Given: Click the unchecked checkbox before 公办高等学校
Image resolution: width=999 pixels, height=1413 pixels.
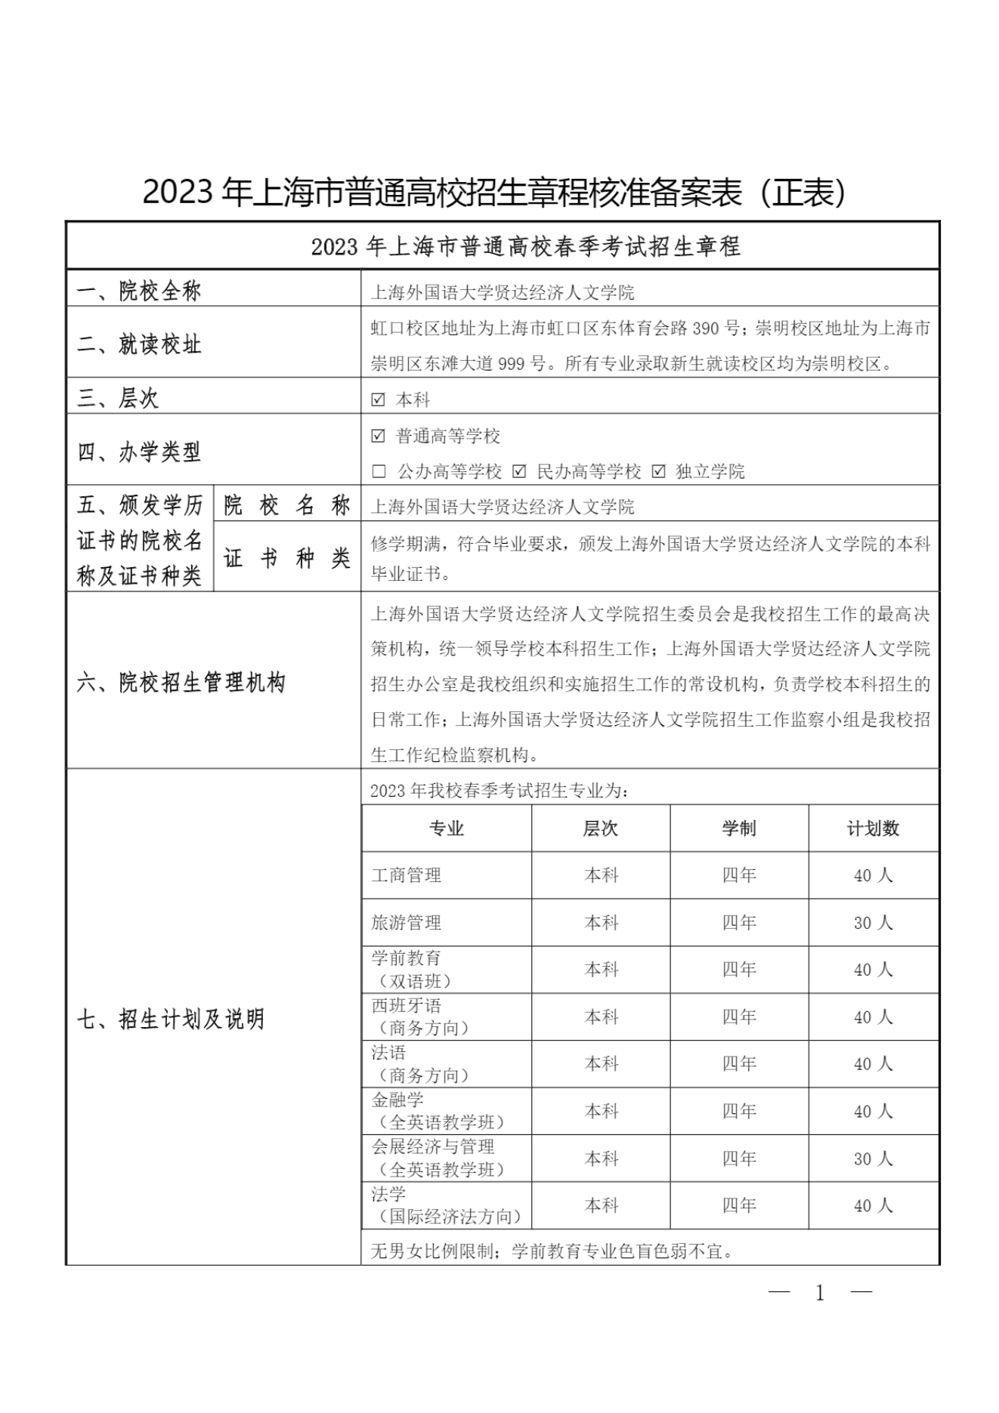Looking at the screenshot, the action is point(379,472).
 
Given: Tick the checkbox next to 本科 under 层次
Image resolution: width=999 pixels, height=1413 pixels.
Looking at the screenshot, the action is point(379,400).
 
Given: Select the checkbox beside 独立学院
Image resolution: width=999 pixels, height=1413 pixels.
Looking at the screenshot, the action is point(658,472).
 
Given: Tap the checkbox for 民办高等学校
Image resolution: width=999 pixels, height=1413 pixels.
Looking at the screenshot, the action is point(519,472).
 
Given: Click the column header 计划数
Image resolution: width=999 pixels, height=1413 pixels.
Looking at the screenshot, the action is point(873,828).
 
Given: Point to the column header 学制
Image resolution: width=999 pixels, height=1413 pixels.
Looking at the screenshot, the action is point(738,828).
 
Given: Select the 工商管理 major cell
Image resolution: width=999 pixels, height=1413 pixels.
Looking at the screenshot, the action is point(446,875).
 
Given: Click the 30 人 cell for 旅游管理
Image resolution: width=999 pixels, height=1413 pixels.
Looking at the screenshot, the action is point(873,923).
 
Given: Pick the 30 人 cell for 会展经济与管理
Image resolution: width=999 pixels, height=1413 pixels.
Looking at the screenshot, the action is point(873,1158).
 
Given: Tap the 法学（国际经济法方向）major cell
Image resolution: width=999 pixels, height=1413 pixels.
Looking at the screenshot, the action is point(446,1205).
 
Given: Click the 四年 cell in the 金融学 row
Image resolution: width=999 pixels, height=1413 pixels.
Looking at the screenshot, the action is point(738,1111).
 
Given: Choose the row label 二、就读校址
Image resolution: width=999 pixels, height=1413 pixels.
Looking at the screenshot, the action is point(140,345).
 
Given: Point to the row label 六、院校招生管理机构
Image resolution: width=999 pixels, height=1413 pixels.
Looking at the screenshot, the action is point(181,683).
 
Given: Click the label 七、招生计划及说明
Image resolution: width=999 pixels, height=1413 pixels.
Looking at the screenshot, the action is point(171,1020).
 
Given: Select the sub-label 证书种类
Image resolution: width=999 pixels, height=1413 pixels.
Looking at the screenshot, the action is point(287,559).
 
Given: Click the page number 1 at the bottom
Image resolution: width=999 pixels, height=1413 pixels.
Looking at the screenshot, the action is point(820,1293).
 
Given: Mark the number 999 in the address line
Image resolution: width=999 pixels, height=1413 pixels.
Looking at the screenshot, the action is point(511,364).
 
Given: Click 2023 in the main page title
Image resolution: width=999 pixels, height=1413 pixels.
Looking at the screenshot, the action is point(178,193).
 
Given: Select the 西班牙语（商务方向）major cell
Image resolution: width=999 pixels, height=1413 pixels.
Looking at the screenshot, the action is point(446,1017).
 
